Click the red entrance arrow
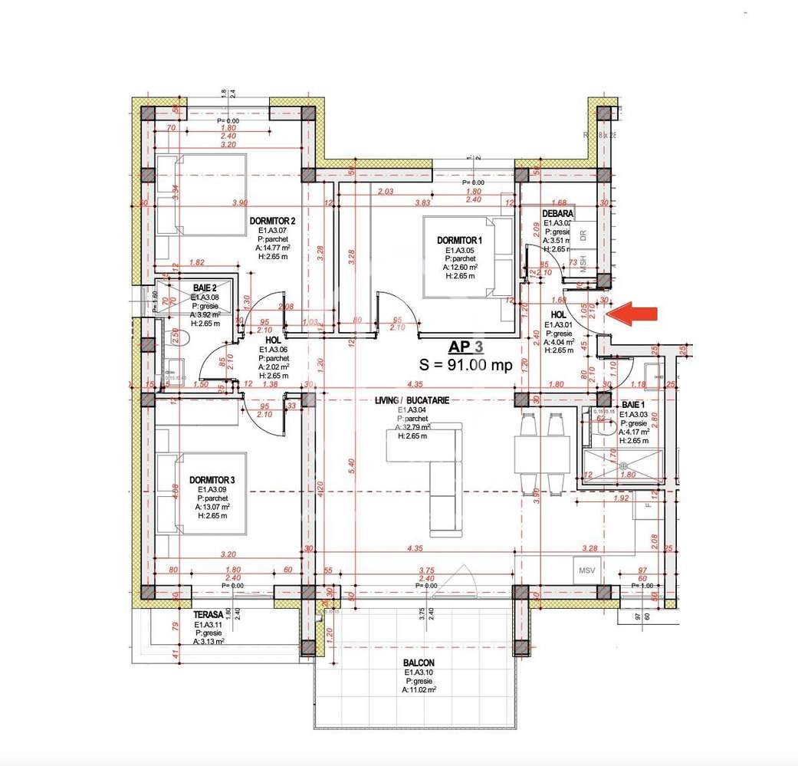click(632, 313)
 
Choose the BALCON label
click(419, 663)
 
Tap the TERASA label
click(208, 614)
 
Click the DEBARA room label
click(558, 214)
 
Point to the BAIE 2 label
click(205, 288)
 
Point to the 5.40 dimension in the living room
click(352, 464)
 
